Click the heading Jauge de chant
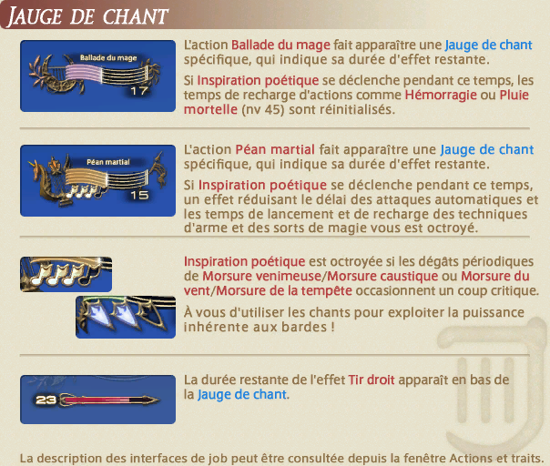[87, 16]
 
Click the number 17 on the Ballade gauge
[139, 91]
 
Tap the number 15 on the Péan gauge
[139, 196]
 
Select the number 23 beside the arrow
[46, 400]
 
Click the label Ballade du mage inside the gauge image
[108, 58]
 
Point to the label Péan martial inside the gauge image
[108, 162]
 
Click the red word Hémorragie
[441, 95]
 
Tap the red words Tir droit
[372, 380]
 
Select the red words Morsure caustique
[382, 277]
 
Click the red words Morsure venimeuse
[261, 277]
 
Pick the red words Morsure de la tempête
[284, 291]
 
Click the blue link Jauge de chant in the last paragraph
[242, 395]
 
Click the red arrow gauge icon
[97, 400]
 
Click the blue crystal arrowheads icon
[126, 317]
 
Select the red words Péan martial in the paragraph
[275, 150]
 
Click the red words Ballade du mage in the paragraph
[280, 46]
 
